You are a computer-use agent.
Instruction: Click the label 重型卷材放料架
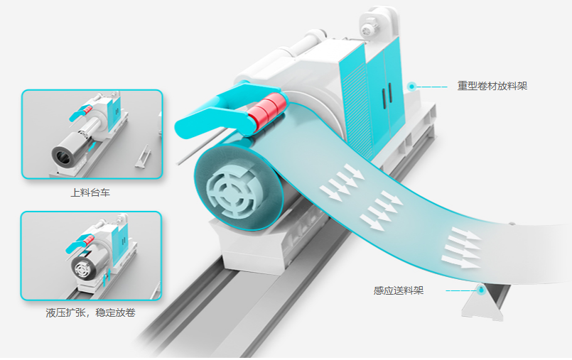pos(492,86)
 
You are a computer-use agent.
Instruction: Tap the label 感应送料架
pos(399,290)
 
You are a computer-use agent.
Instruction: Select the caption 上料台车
pos(90,192)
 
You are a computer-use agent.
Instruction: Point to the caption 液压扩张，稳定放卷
pos(90,312)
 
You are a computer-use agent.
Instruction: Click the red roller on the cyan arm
pos(267,111)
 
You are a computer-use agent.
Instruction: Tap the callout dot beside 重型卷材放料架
pos(412,87)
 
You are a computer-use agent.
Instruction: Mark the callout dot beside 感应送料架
pos(481,290)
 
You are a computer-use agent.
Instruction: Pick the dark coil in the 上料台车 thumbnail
pos(68,151)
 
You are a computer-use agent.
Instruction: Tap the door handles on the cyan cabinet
pos(387,95)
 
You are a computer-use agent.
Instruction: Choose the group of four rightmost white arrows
pos(461,248)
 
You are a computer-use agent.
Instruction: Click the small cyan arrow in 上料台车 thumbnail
pos(92,147)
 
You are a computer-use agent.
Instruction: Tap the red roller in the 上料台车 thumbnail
pos(87,109)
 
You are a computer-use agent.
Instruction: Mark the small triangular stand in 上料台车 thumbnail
pos(143,157)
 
